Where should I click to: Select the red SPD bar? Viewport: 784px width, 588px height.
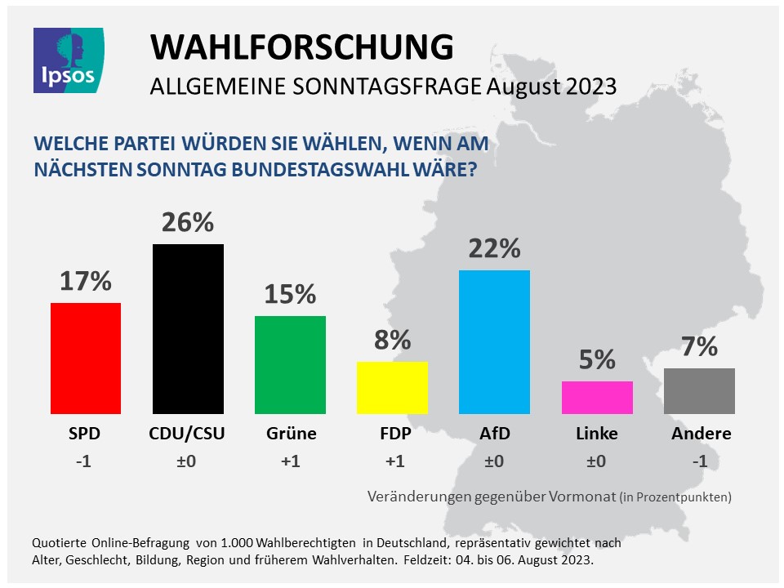click(86, 359)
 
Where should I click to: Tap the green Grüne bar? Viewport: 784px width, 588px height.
click(290, 365)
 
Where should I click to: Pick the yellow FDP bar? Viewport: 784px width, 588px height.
click(392, 388)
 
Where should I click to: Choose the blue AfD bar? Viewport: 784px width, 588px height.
click(494, 342)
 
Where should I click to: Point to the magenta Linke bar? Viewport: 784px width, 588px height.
click(597, 398)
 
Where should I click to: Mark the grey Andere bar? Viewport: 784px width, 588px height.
click(699, 391)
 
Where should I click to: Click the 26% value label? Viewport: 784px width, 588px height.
click(188, 222)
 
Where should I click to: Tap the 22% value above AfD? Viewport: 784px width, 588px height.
click(494, 248)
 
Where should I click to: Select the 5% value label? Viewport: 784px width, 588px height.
click(597, 359)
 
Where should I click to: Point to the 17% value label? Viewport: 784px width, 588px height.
click(86, 281)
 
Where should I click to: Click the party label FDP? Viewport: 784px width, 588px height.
click(392, 434)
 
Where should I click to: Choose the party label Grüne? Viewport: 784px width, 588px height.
click(290, 434)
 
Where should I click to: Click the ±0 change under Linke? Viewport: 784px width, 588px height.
click(597, 461)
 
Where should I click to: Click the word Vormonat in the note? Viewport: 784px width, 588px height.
click(581, 496)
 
